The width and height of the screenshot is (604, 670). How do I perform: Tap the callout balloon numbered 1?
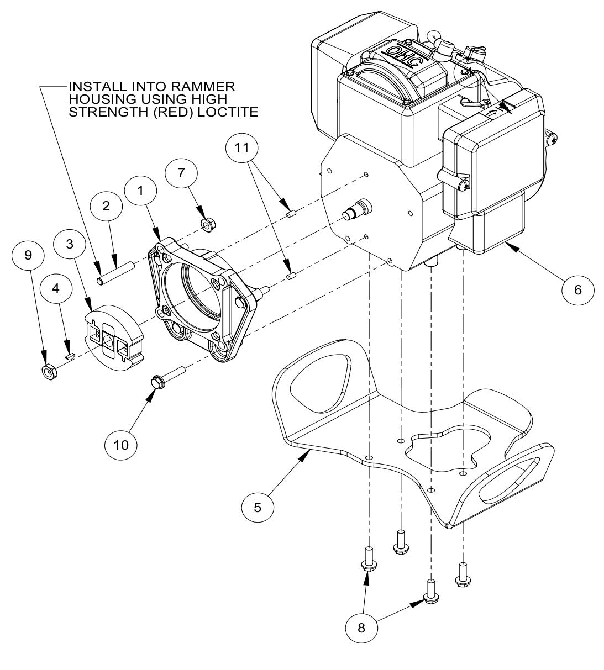click(140, 192)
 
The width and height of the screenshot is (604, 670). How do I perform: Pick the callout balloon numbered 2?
click(106, 206)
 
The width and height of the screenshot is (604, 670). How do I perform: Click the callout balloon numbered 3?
click(70, 245)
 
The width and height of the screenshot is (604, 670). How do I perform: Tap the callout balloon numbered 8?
click(362, 628)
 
